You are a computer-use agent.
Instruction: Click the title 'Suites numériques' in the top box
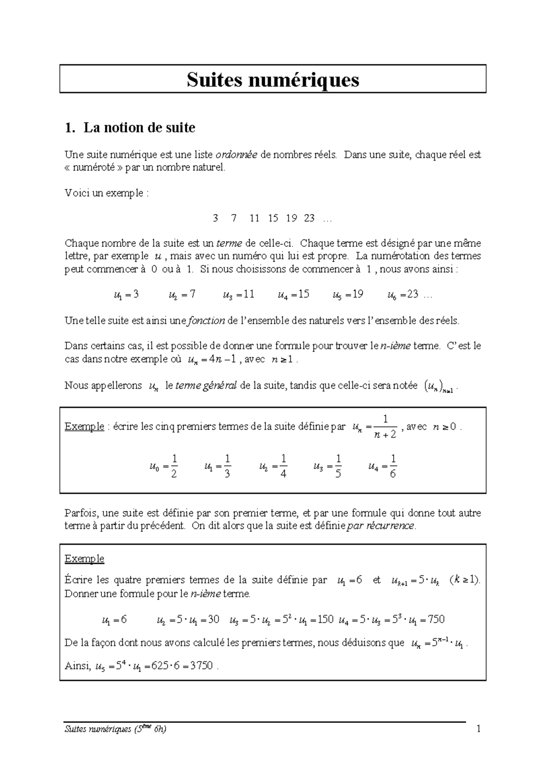coord(273,80)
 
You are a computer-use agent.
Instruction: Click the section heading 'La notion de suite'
coord(139,128)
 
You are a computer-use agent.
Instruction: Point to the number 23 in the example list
coord(309,219)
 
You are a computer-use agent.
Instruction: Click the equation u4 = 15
coord(293,295)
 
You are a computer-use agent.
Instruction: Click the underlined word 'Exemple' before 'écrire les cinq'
coord(84,427)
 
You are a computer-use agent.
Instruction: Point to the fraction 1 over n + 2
coord(385,427)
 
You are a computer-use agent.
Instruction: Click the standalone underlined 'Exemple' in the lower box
coord(84,559)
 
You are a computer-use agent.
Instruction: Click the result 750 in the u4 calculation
coord(436,620)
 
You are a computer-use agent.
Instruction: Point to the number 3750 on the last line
coord(201,666)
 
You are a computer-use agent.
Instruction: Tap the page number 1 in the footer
coord(478,730)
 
